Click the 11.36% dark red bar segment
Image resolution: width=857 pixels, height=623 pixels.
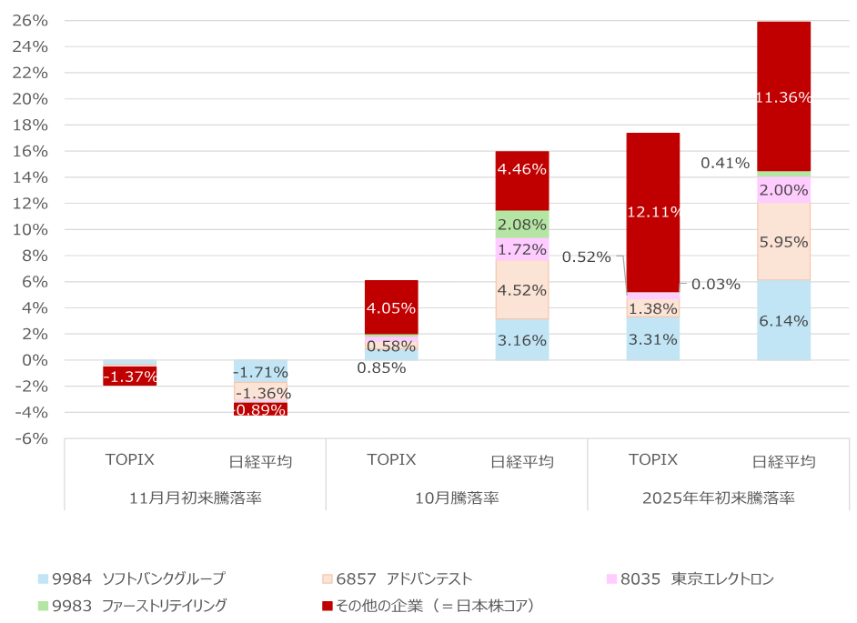[783, 96]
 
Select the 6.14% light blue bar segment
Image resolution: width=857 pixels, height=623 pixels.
[783, 320]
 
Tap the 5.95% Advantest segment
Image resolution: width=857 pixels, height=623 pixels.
[783, 242]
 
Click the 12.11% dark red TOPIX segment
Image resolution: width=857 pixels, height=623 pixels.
[652, 212]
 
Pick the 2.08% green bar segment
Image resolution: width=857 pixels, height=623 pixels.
[522, 225]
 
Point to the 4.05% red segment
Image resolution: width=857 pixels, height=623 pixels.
[391, 307]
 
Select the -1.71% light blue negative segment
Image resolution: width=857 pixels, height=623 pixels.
[260, 371]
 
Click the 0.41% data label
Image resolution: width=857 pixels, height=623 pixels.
[724, 164]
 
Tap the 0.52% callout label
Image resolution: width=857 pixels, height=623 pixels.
[586, 256]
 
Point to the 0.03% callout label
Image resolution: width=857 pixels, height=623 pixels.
[715, 284]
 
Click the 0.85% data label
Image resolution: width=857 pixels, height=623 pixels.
[380, 368]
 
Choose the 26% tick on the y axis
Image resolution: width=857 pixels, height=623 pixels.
[32, 21]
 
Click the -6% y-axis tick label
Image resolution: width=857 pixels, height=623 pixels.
[32, 438]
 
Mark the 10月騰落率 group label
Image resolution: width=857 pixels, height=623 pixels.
[456, 497]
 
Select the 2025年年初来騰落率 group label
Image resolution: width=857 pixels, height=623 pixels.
[718, 497]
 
